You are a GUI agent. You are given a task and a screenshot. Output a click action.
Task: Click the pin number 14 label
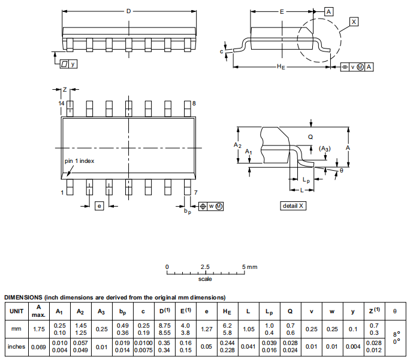click(x=61, y=104)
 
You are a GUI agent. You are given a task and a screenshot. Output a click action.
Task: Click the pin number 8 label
click(x=194, y=104)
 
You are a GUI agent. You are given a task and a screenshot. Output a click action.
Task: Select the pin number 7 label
click(x=195, y=192)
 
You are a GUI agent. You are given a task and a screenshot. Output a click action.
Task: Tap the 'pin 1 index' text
click(x=79, y=161)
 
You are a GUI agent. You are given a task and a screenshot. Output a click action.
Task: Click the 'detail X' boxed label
click(x=294, y=206)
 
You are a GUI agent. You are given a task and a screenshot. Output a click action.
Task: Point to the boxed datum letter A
click(x=329, y=11)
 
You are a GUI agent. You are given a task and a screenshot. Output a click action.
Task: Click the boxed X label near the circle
click(x=354, y=22)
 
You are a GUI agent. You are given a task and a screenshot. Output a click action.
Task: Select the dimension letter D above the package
click(x=128, y=11)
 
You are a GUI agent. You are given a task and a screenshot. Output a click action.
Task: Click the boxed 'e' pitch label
click(x=99, y=205)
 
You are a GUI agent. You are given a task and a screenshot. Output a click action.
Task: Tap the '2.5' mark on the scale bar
click(x=205, y=266)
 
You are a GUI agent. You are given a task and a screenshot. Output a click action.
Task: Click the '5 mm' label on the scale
click(x=249, y=266)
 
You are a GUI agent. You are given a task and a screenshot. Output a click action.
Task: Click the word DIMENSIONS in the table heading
click(x=23, y=297)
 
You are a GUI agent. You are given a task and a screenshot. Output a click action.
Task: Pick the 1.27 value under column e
click(x=207, y=329)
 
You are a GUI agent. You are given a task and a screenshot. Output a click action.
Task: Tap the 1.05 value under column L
click(x=248, y=329)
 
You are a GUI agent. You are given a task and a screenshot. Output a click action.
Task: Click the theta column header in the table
click(x=394, y=311)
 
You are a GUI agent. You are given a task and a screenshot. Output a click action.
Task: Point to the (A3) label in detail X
click(x=324, y=148)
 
